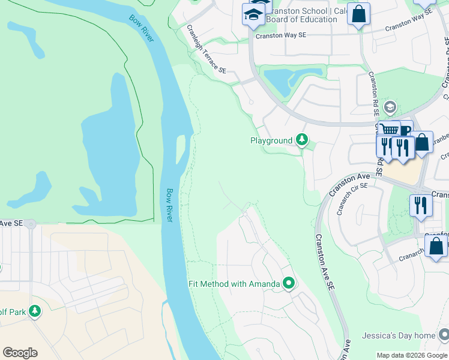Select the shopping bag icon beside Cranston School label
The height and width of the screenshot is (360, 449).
pos(358,14)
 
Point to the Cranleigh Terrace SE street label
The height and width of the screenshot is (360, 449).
pos(206,49)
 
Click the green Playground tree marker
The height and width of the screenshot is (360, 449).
pos(302,140)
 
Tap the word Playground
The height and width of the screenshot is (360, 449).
pos(271,140)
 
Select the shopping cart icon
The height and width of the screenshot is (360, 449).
pos(389,130)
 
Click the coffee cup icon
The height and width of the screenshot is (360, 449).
pos(405,130)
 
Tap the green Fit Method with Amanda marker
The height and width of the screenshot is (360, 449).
pos(289,283)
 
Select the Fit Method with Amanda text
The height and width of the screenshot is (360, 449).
pos(234,284)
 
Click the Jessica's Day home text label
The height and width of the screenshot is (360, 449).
pos(398,335)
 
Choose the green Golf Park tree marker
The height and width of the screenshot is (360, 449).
pos(35,311)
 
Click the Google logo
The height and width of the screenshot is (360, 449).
pos(20,353)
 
